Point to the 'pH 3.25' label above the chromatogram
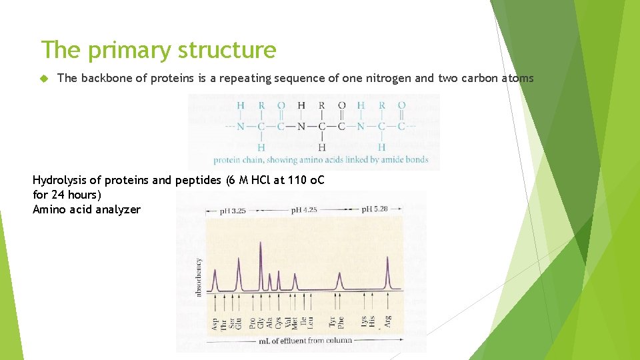233,210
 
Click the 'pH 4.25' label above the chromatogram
304,210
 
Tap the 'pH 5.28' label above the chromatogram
375,209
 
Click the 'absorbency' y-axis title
198,277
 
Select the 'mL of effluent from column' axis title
305,340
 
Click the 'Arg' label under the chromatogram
387,322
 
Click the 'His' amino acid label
372,322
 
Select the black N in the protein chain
301,126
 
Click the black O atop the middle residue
341,105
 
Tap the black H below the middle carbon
321,147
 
